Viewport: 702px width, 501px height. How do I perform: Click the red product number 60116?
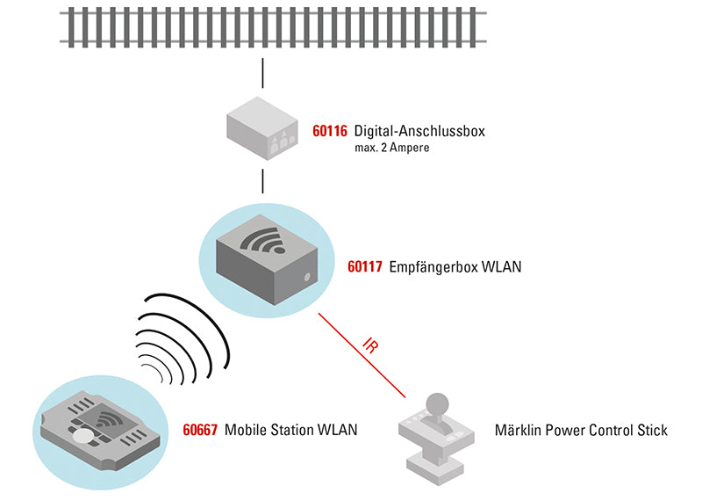(331, 133)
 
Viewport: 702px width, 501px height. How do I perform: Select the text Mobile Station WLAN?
(291, 431)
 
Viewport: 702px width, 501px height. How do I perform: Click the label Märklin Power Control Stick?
(581, 431)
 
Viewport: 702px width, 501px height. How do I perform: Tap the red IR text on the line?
(371, 345)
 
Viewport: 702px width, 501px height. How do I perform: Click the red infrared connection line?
(351, 343)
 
